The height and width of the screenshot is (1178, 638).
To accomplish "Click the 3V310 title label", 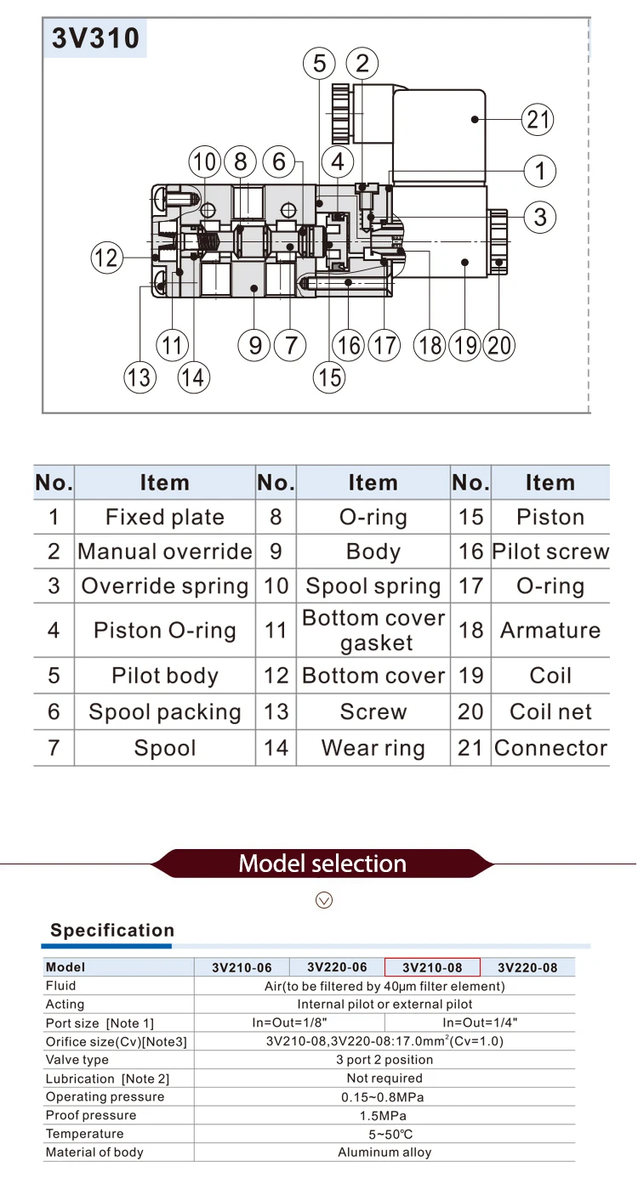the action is click(x=95, y=38).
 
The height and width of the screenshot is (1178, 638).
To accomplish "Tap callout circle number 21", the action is click(x=538, y=119).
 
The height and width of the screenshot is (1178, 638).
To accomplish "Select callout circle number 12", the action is click(x=107, y=258).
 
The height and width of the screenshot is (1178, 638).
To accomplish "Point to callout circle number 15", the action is click(x=329, y=377).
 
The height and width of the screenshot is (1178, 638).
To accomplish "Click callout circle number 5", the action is click(x=319, y=64).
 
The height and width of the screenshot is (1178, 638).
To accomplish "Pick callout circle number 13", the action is click(x=140, y=377).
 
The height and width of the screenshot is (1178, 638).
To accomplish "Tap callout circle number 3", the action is click(x=539, y=218).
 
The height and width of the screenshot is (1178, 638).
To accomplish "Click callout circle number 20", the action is click(x=499, y=346).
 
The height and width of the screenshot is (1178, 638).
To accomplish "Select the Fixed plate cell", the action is click(x=165, y=517).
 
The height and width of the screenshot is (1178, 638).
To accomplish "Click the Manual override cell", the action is click(x=165, y=551).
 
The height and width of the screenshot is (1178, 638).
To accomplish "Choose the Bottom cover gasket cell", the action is click(x=373, y=630).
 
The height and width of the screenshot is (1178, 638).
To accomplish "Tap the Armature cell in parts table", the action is click(x=550, y=630).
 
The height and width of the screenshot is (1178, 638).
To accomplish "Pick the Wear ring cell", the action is click(x=373, y=748).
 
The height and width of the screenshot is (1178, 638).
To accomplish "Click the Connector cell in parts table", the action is click(x=550, y=748).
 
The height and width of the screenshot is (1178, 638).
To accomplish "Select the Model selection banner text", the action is click(x=322, y=864).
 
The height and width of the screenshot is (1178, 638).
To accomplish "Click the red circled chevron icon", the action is click(x=324, y=900).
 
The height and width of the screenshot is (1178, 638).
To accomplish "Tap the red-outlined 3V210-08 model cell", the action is click(x=432, y=967).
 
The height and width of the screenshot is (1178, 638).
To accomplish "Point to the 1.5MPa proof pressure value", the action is click(x=383, y=1115).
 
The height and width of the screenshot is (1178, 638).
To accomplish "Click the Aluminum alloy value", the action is click(x=385, y=1152).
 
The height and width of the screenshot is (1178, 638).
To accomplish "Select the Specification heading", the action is click(x=112, y=930).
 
